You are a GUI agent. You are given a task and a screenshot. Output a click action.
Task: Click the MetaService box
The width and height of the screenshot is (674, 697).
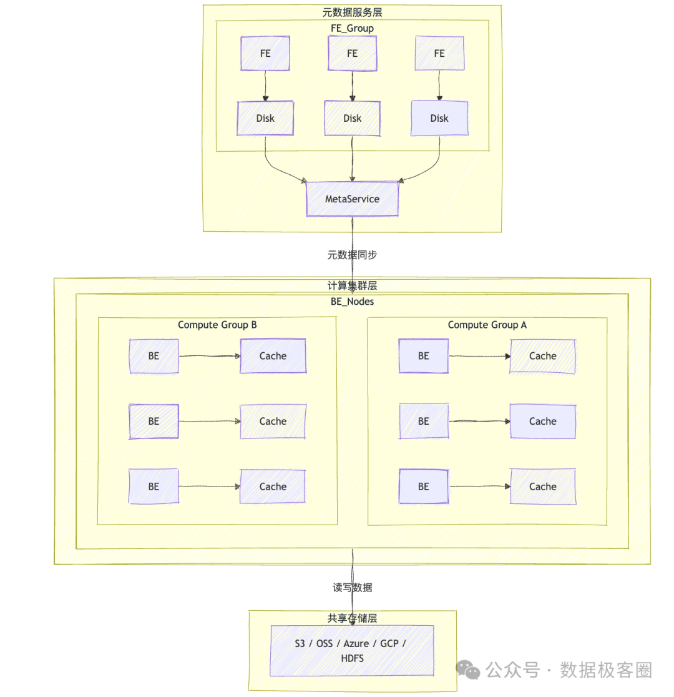click(x=352, y=199)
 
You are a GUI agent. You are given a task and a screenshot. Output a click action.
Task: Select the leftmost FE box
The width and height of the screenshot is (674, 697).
click(x=265, y=53)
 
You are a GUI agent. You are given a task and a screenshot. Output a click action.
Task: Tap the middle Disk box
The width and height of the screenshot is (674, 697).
click(x=352, y=118)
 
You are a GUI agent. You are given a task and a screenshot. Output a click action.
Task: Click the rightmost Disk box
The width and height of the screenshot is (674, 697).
click(x=439, y=118)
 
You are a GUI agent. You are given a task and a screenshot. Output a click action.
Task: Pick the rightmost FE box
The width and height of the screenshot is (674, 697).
click(x=439, y=53)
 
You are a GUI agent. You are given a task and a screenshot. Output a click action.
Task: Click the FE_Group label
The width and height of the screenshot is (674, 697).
click(x=352, y=28)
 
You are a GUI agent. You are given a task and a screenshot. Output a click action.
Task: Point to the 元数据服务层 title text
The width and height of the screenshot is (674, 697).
click(x=352, y=12)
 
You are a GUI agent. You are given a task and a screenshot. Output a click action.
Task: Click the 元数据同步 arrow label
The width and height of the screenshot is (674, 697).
click(x=352, y=255)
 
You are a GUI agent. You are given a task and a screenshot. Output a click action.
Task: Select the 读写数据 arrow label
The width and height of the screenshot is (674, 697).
click(x=352, y=588)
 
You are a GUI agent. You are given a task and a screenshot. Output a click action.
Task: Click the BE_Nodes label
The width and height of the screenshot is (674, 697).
click(x=352, y=301)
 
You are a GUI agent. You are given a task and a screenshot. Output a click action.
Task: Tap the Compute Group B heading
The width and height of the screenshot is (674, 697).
click(x=217, y=325)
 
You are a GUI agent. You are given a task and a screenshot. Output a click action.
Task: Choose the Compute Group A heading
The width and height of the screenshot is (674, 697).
click(x=487, y=325)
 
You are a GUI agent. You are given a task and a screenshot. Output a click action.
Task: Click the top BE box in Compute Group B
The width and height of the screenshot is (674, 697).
click(x=154, y=356)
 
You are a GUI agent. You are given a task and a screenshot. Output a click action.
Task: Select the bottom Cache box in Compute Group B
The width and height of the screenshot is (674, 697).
click(x=273, y=487)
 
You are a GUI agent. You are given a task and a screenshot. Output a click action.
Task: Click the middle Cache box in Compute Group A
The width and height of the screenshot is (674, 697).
click(x=542, y=421)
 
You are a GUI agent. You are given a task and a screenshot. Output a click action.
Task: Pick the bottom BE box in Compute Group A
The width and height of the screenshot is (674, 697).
click(x=424, y=487)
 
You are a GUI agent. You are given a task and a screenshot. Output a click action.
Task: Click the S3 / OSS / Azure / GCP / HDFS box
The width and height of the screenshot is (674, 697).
click(x=352, y=650)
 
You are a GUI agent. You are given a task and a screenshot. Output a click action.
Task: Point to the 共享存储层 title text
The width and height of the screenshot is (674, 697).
click(x=352, y=618)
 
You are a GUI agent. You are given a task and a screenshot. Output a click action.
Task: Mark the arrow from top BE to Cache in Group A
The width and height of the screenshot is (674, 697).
click(x=479, y=357)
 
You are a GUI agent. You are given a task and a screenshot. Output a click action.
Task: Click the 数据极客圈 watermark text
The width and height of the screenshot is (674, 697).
click(x=605, y=670)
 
